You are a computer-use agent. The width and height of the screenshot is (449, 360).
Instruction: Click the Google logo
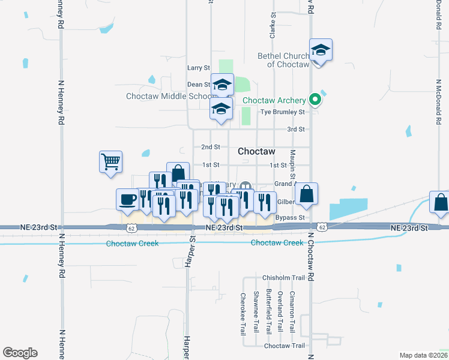pos(20,353)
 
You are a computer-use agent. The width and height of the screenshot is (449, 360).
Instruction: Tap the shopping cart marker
pos(110,161)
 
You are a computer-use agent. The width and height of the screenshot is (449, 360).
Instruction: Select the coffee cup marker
pos(127,200)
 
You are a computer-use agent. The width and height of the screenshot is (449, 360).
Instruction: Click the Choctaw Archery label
pos(274,100)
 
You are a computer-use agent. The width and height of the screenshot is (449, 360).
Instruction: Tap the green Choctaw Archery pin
pos(314,100)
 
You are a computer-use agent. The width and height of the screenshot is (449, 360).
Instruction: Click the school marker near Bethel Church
pos(321,50)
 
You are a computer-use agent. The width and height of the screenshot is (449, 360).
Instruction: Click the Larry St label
pos(199,68)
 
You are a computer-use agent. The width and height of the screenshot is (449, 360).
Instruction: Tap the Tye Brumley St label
pos(282,112)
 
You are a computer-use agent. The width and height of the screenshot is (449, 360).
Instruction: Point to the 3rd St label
pos(296,129)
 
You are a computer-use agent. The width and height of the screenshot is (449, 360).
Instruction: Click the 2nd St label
pos(211,147)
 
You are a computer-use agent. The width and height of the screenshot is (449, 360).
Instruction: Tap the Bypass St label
pos(291,217)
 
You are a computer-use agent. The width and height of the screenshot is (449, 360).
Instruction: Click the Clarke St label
pos(273,26)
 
